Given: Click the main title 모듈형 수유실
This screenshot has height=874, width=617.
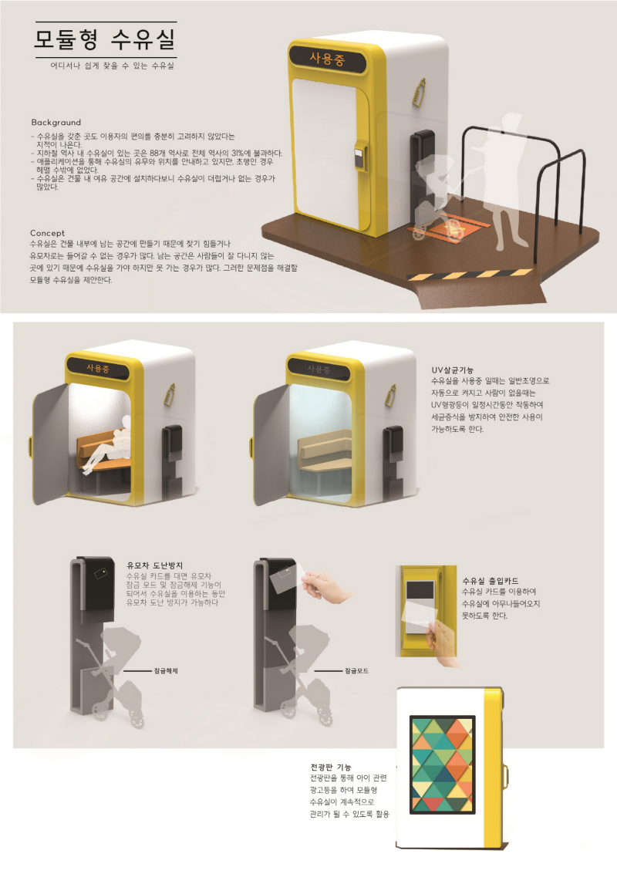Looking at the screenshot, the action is pyautogui.click(x=106, y=39).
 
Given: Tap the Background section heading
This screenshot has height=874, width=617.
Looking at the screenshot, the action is pyautogui.click(x=56, y=123).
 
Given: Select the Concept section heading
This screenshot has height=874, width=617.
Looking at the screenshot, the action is pyautogui.click(x=47, y=233).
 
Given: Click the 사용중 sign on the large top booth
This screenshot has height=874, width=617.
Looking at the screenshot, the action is pyautogui.click(x=327, y=59).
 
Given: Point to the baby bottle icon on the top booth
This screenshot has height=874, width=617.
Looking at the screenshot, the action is pyautogui.click(x=418, y=93).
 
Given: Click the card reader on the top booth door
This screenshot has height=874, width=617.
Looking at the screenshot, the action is pyautogui.click(x=361, y=157).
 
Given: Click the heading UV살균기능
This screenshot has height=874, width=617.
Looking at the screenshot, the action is pyautogui.click(x=453, y=370).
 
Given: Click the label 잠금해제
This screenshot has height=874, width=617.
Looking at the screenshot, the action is pyautogui.click(x=166, y=670).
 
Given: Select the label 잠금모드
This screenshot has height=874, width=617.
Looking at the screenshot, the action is pyautogui.click(x=357, y=670).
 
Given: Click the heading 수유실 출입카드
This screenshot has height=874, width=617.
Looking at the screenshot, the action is pyautogui.click(x=491, y=581).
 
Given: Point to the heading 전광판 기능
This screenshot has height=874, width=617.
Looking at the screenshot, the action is pyautogui.click(x=331, y=767).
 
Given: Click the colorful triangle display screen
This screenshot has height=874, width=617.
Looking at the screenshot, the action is pyautogui.click(x=443, y=764).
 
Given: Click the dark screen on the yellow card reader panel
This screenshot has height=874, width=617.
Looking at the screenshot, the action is pyautogui.click(x=420, y=590).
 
